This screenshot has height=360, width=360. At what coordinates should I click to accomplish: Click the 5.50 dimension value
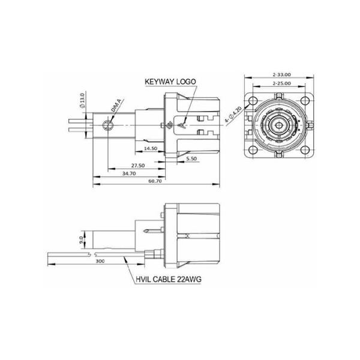pos(192,158)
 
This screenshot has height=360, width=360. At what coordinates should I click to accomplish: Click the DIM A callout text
pos(118,109)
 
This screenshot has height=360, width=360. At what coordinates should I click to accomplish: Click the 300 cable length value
pos(100,262)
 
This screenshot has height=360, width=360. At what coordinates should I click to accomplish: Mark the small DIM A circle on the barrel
pos(107,125)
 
